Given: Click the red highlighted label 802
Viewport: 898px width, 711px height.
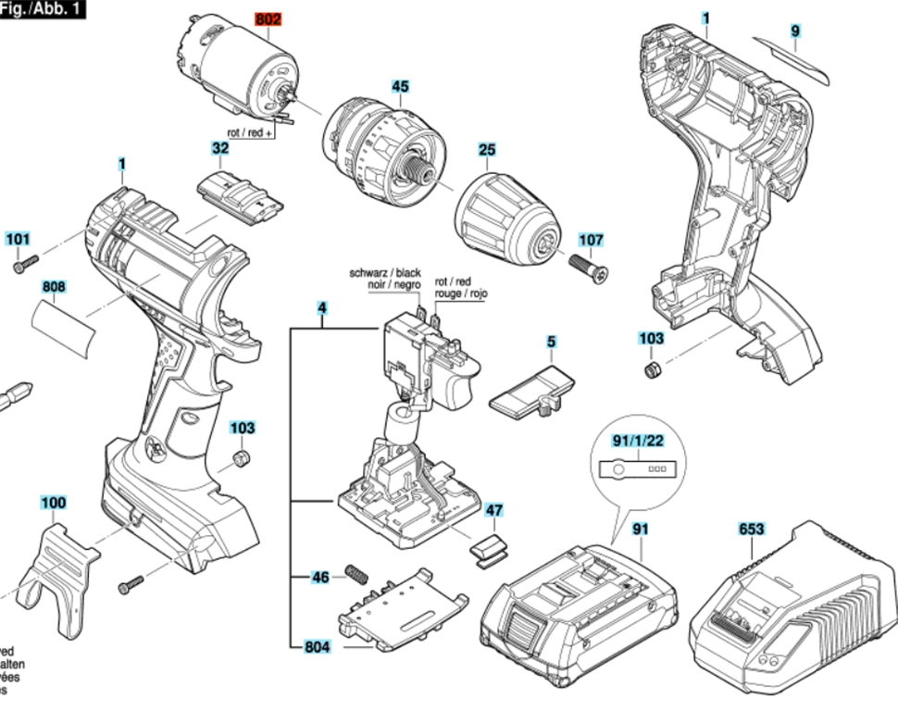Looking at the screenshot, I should tap(267, 19).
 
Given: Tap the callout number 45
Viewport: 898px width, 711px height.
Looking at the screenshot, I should tap(399, 87).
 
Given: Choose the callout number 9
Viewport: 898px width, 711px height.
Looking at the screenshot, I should tap(795, 31).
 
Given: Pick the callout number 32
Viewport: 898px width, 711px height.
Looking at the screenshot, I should tap(220, 148).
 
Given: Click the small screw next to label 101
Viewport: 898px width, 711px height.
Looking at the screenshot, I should tap(24, 267).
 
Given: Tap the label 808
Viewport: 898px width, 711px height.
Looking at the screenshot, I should tap(54, 288).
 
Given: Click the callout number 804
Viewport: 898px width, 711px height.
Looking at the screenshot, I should tap(317, 647).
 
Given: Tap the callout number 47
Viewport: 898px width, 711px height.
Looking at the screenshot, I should tap(495, 510).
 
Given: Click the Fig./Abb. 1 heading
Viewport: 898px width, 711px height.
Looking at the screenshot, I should tap(43, 8).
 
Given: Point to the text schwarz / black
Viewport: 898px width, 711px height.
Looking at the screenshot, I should tap(385, 273).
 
